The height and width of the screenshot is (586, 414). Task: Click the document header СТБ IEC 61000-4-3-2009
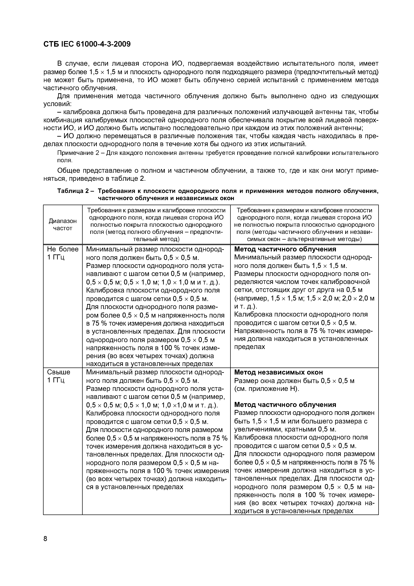tap(87, 44)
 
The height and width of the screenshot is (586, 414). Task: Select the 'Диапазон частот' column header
tap(62, 225)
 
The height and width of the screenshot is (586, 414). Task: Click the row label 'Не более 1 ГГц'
tap(62, 253)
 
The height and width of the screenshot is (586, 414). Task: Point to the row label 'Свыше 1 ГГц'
tap(59, 376)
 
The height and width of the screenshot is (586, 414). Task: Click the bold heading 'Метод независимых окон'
tap(278, 372)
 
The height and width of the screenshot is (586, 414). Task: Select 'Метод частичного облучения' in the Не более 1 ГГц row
tap(285, 249)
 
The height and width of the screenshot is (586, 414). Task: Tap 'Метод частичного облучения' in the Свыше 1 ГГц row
tap(285, 405)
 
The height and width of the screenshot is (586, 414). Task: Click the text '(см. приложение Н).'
tap(266, 388)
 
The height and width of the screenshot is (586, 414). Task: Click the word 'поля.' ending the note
tap(65, 160)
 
